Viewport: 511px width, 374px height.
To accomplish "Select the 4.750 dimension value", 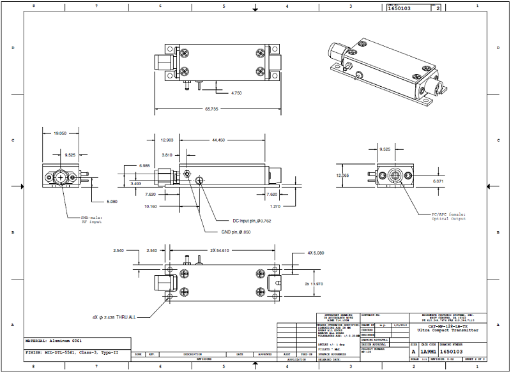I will pyautogui.click(x=236, y=93).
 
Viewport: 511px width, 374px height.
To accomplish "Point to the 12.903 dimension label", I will pyautogui.click(x=167, y=139).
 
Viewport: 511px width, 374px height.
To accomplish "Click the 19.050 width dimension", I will pyautogui.click(x=60, y=133).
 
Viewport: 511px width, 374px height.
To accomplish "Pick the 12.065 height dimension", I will pyautogui.click(x=344, y=175).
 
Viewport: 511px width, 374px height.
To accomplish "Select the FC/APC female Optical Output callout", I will pyautogui.click(x=447, y=216).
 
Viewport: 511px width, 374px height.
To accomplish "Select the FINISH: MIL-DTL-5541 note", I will pyautogui.click(x=72, y=352).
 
